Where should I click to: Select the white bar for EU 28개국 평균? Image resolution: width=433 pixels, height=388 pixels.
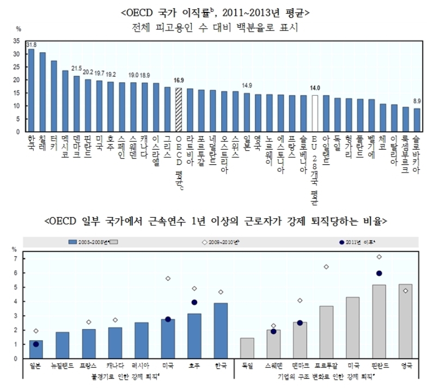(315, 113)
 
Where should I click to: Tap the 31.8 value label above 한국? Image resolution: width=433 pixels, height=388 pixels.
(31, 44)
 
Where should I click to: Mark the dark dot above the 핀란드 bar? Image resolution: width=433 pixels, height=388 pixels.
(380, 273)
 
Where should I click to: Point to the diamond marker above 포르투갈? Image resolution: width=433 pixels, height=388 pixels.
(327, 267)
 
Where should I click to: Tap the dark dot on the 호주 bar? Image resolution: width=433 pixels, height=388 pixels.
(194, 302)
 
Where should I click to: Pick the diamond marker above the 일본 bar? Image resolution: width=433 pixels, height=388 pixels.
(36, 331)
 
